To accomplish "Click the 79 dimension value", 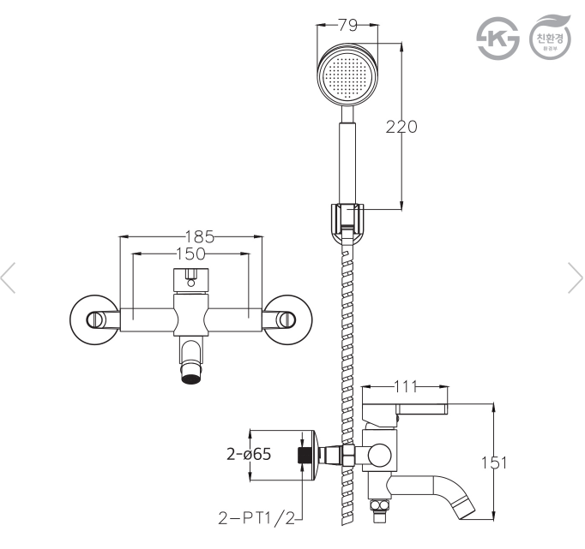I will tap(348, 26).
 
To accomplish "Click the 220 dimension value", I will tap(401, 127).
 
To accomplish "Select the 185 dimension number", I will tap(199, 236).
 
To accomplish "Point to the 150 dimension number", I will tap(190, 254).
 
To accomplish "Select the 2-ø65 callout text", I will tap(249, 455).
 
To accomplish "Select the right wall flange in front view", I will tap(286, 319).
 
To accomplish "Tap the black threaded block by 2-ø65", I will tap(303, 455).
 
